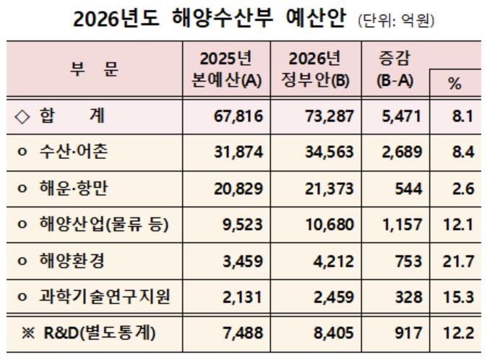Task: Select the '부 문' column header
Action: tap(95, 69)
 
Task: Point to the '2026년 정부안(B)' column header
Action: tap(314, 69)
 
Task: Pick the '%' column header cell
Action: tap(454, 83)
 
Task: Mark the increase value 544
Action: tap(408, 189)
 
